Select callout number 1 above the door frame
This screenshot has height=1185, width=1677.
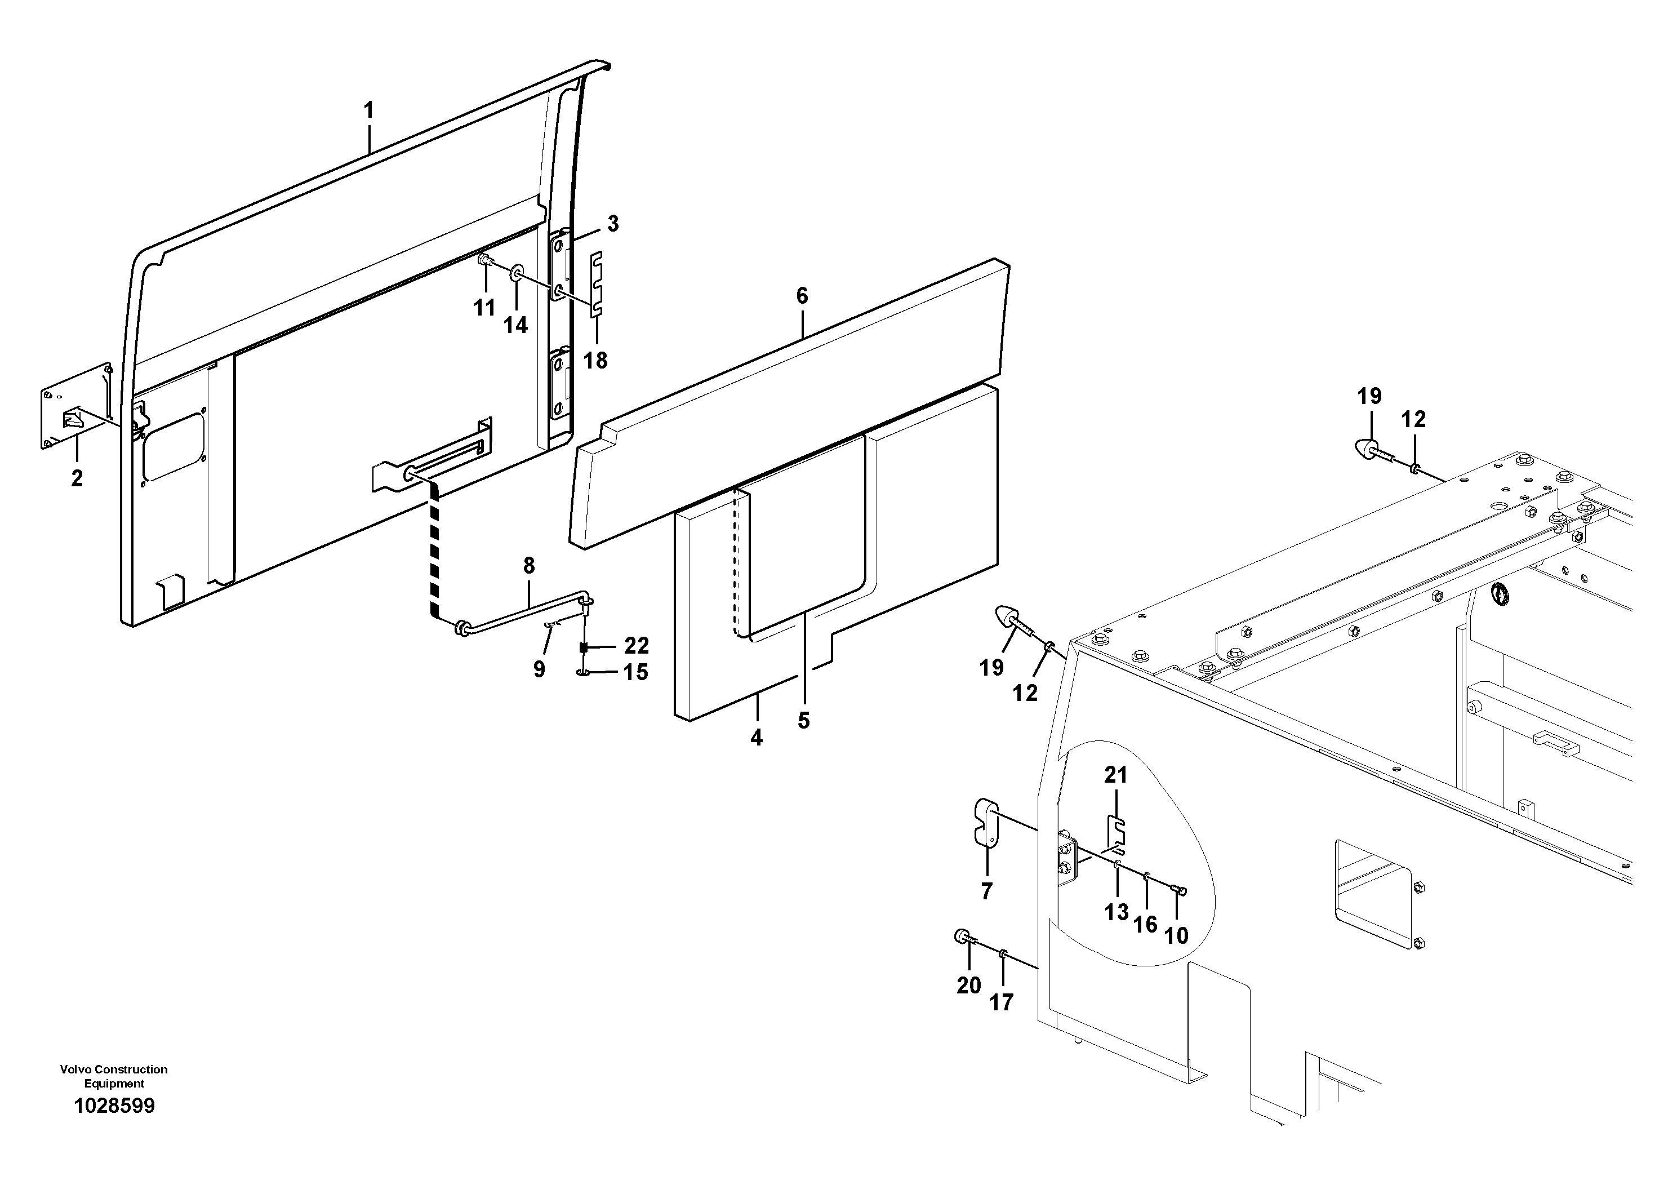click(369, 111)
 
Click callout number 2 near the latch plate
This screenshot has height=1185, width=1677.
click(77, 478)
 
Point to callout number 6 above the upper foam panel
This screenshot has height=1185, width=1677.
click(802, 296)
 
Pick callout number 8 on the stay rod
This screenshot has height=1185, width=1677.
click(529, 566)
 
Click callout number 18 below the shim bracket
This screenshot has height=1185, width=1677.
click(595, 360)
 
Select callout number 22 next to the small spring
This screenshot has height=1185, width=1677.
click(636, 646)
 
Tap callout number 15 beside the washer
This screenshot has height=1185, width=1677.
click(635, 672)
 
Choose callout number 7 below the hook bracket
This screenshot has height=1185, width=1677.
click(987, 891)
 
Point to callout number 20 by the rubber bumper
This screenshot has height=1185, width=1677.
click(968, 986)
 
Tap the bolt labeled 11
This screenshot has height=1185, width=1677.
click(483, 261)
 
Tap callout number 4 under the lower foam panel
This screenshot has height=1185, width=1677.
click(757, 738)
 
